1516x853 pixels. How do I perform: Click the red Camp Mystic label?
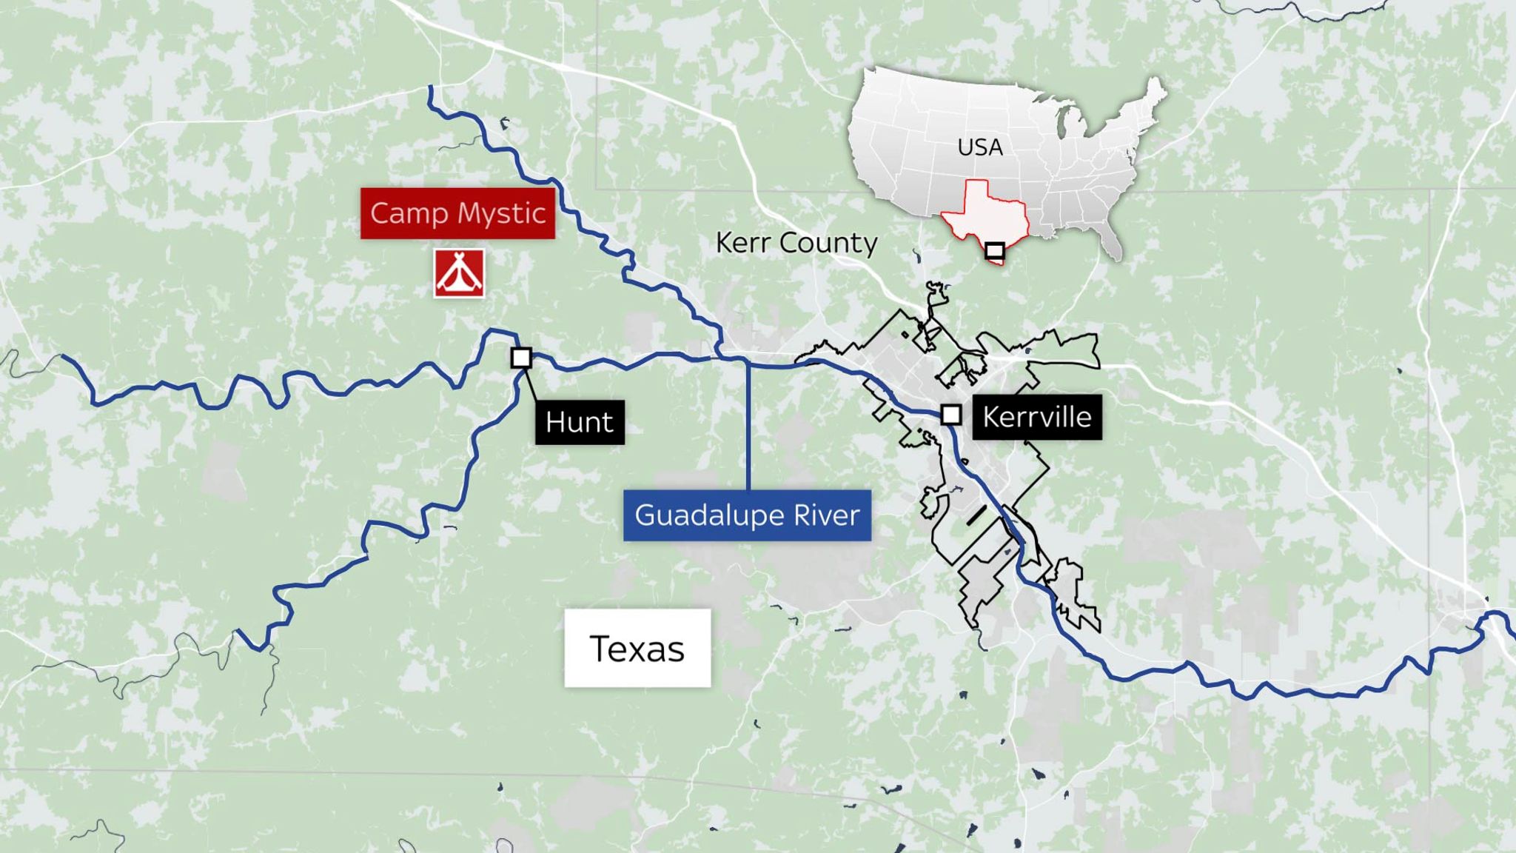pyautogui.click(x=457, y=213)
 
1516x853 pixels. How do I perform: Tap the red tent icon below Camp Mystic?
pyautogui.click(x=459, y=273)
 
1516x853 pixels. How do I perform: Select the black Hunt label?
pyautogui.click(x=580, y=422)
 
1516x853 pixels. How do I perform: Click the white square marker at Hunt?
pyautogui.click(x=521, y=358)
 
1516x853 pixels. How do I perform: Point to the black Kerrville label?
pyautogui.click(x=1036, y=418)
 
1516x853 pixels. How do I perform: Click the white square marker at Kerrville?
pyautogui.click(x=951, y=415)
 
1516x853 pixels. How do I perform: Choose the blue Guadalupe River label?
pyautogui.click(x=747, y=515)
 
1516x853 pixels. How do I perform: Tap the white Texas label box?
pyautogui.click(x=637, y=649)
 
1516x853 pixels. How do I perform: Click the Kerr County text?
pyautogui.click(x=796, y=243)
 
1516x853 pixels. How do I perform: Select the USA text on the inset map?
pyautogui.click(x=980, y=147)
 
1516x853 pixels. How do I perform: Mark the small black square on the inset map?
pyautogui.click(x=994, y=250)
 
